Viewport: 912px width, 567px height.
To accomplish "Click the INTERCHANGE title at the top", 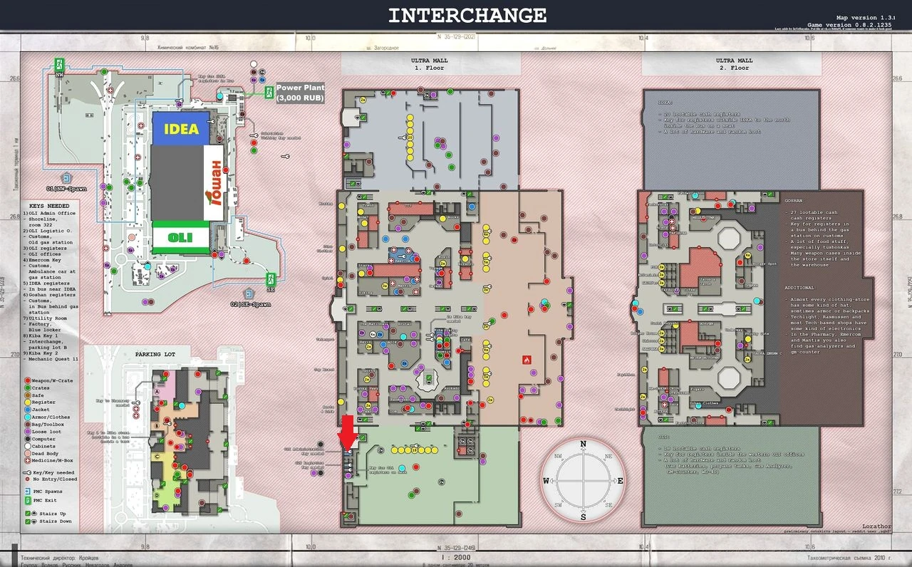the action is coord(467,16).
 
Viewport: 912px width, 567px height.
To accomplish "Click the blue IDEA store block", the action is coord(180,130).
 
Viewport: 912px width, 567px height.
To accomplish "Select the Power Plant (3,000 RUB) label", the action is coord(300,93).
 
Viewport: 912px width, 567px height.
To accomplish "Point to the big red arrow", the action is coord(348,432).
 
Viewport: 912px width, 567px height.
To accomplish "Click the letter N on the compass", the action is coord(583,444).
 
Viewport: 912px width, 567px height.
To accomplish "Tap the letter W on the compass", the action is coord(546,481).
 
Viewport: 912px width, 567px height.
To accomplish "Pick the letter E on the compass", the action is coord(620,481).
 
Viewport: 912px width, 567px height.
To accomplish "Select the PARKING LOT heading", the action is coord(154,353).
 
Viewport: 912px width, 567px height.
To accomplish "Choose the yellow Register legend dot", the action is coord(27,402).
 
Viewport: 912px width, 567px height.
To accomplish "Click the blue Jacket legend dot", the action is coord(27,410).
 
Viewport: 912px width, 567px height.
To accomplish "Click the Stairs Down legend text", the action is coord(53,522).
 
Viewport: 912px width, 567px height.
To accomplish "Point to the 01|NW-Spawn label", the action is coord(66,189).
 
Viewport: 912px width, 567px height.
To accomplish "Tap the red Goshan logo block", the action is coord(217,183).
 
